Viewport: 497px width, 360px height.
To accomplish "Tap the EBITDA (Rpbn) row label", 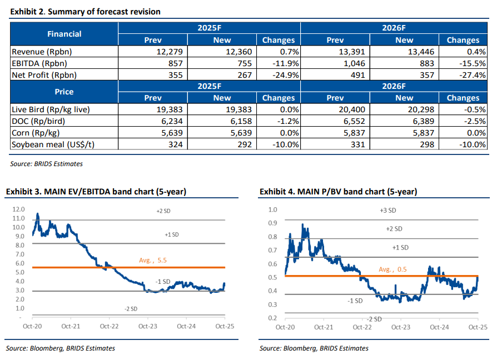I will (37, 63).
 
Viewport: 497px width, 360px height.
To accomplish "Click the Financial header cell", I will (64, 34).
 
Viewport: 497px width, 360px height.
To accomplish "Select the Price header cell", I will (64, 92).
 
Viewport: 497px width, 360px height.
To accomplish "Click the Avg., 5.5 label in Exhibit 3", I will (153, 260).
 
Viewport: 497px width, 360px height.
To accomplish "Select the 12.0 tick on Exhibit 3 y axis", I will (19, 209).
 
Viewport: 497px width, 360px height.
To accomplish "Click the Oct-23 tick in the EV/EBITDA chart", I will (148, 327).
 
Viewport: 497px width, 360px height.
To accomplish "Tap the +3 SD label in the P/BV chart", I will (387, 211).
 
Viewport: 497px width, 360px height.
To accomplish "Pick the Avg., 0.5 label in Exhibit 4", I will (392, 269).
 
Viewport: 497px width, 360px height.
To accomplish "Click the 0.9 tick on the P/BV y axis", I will (272, 223).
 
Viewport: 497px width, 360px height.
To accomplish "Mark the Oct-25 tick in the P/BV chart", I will (477, 327).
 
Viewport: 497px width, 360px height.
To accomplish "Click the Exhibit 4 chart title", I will (338, 192).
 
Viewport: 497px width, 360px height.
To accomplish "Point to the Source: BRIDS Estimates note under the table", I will (46, 164).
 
